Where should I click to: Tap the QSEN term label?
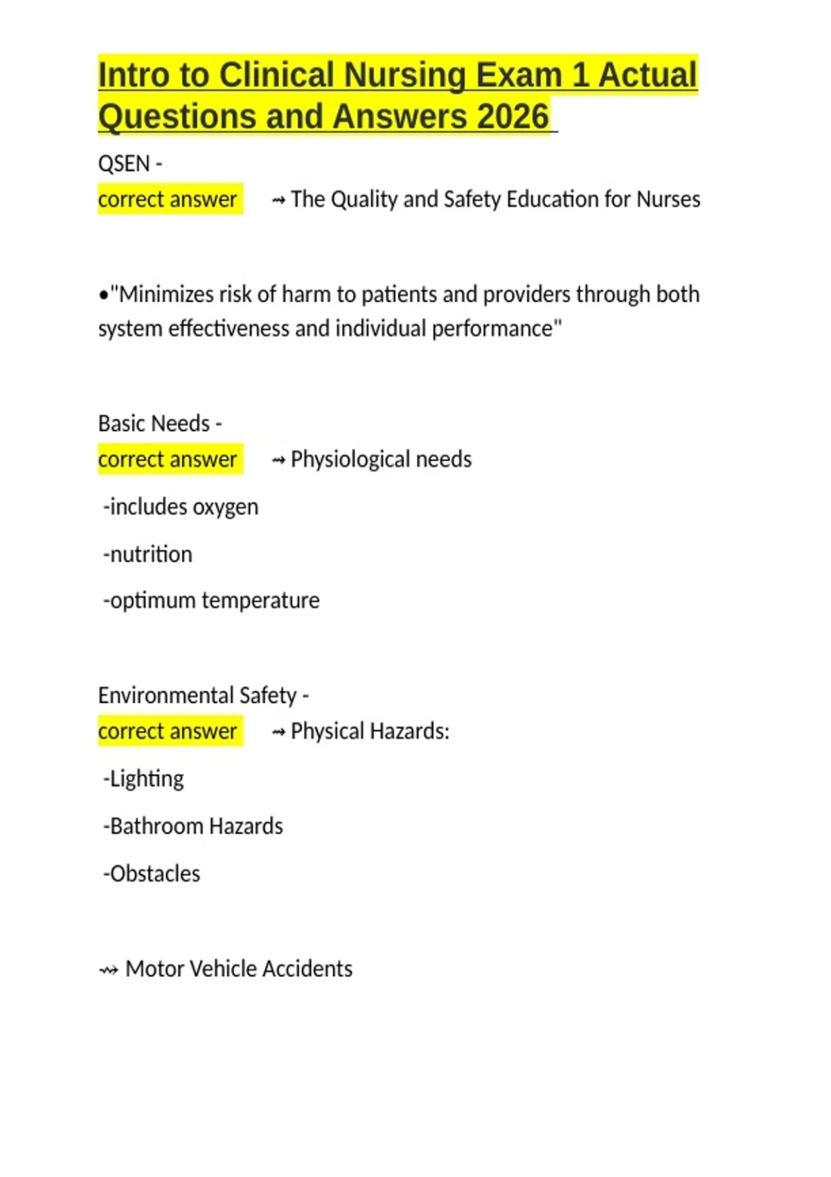pyautogui.click(x=124, y=164)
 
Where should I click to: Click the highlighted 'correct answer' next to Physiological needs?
pyautogui.click(x=168, y=459)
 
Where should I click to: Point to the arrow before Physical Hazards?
pyautogui.click(x=278, y=732)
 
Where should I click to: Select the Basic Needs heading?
pyautogui.click(x=154, y=423)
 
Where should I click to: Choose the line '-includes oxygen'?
pyautogui.click(x=181, y=507)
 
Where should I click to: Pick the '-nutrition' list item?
pyautogui.click(x=148, y=554)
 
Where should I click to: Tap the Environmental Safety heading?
pyautogui.click(x=197, y=695)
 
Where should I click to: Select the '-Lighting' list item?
pyautogui.click(x=143, y=779)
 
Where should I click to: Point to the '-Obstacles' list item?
pyautogui.click(x=152, y=874)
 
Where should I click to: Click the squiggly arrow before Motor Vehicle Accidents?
pyautogui.click(x=109, y=970)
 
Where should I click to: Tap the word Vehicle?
pyautogui.click(x=221, y=969)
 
